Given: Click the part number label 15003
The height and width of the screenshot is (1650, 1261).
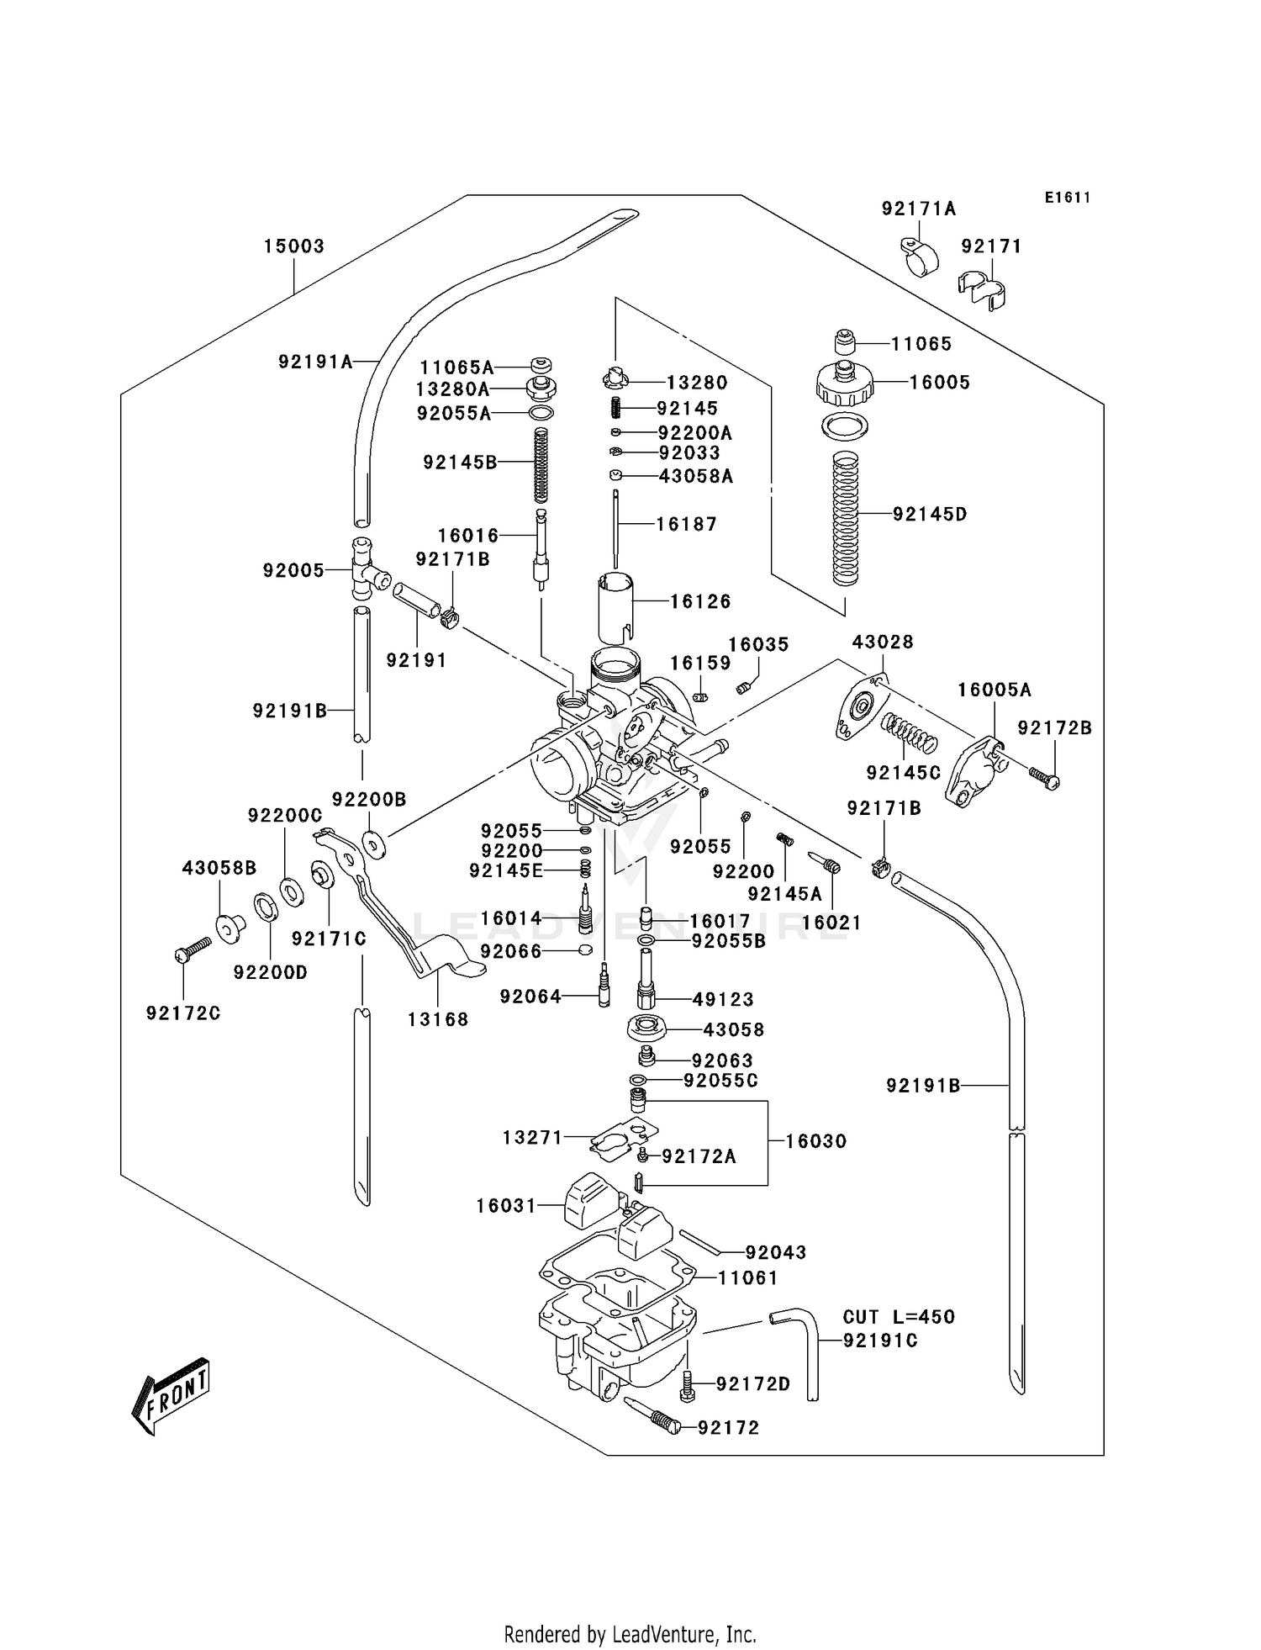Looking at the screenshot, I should click(293, 246).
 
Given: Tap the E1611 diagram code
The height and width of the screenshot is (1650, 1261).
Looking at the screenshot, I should click(1067, 198).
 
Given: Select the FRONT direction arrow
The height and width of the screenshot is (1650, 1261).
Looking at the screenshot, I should click(170, 1394).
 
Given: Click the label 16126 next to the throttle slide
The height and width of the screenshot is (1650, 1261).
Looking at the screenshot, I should click(700, 601).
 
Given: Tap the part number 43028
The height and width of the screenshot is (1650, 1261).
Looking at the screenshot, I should click(883, 642).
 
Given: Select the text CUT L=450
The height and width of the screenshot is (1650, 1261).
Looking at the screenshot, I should click(899, 1317).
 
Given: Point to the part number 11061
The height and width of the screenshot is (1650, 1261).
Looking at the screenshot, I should click(747, 1277).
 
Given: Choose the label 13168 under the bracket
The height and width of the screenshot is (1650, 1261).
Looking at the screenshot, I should click(438, 1019).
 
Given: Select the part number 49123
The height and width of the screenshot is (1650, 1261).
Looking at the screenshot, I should click(723, 999).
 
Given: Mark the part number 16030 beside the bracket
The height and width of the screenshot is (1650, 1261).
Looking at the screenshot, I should click(815, 1141).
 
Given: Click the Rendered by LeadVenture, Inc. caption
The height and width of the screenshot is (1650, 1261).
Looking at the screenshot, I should click(630, 1634).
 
